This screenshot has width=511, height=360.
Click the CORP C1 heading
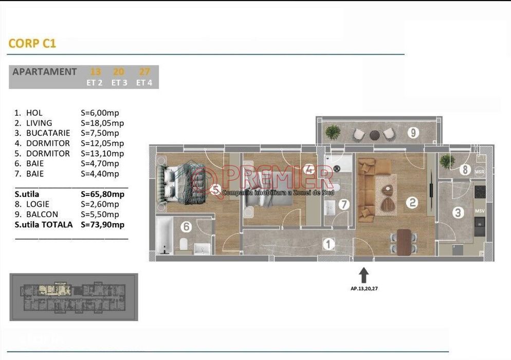[32, 43]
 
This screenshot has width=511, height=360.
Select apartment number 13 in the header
[95, 72]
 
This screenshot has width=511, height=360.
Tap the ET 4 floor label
[144, 82]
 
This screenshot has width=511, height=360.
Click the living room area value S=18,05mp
[102, 123]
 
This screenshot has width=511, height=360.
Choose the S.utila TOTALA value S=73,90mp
[102, 225]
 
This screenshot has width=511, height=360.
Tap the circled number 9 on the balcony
[413, 132]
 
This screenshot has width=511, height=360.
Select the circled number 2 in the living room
[412, 203]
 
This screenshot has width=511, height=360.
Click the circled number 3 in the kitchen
[457, 212]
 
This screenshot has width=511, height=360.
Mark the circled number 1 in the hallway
[328, 244]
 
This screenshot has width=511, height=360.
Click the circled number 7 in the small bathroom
[344, 205]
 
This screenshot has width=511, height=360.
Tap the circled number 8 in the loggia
[465, 169]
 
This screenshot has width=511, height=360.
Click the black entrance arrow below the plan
[363, 275]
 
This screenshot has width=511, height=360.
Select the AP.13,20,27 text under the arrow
[364, 289]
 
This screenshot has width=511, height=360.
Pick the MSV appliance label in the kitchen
[480, 211]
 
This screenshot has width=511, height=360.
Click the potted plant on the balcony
[333, 132]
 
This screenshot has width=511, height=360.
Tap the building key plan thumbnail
[74, 297]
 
